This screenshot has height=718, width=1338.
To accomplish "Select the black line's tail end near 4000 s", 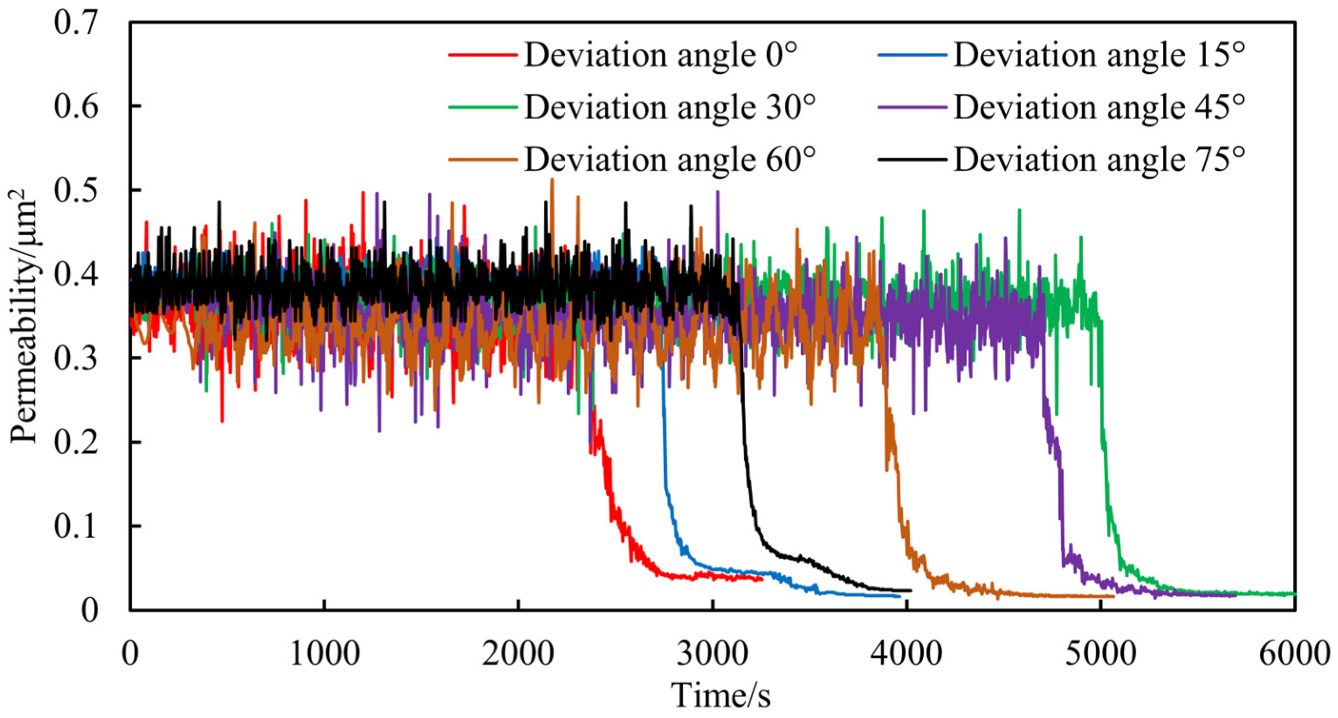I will pyautogui.click(x=911, y=590).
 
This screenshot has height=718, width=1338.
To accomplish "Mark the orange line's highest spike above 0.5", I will pyautogui.click(x=552, y=179).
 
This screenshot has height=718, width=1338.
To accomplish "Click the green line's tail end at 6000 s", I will pyautogui.click(x=1295, y=593).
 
